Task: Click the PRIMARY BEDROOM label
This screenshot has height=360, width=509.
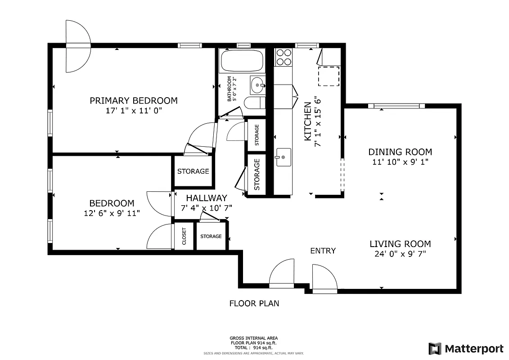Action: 133,100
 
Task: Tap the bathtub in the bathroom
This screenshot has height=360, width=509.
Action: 242,61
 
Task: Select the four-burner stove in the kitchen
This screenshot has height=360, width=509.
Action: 284,57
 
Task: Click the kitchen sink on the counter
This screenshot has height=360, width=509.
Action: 284,157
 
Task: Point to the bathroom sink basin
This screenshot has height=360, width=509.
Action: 257,85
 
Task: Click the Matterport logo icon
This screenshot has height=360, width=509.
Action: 435,348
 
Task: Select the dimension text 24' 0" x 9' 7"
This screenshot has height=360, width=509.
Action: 400,254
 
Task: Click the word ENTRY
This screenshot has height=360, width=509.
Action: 323,251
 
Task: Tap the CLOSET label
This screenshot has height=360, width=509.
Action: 184,236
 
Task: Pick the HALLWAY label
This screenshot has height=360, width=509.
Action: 207,198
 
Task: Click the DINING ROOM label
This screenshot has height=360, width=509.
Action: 400,152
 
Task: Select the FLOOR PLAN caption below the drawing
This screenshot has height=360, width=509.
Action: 254,303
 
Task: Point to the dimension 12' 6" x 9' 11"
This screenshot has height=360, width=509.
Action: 112,213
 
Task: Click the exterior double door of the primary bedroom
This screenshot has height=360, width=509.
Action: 78,45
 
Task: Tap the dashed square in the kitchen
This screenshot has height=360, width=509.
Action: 329,76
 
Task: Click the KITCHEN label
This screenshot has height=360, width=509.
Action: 308,121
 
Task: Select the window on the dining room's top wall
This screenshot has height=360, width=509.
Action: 396,106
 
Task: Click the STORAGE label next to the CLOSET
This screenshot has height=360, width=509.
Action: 211,236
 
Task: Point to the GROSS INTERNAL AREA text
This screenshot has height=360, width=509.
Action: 254,338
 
